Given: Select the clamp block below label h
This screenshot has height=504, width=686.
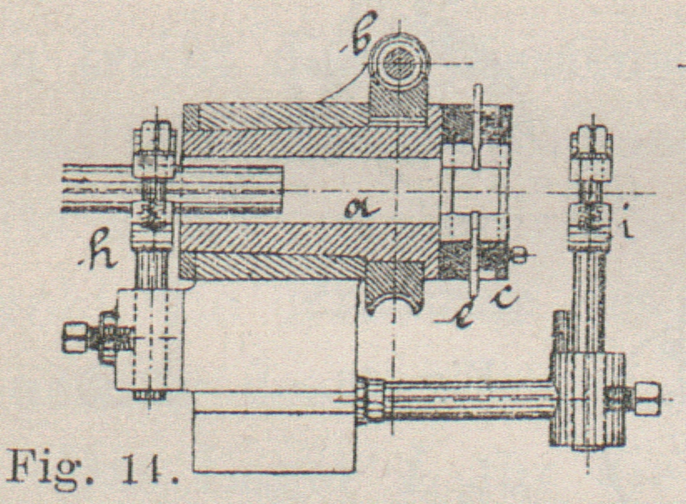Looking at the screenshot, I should click(151, 337).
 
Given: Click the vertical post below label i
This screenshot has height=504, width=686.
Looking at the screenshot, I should click(590, 292).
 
